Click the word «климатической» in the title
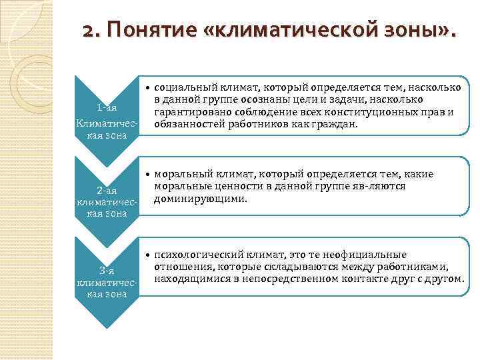click(x=281, y=31)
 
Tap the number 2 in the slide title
click(x=87, y=31)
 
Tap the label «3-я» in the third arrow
click(x=107, y=270)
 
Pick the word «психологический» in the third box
click(x=194, y=254)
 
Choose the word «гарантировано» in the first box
click(x=186, y=112)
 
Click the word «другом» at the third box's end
click(x=445, y=279)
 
